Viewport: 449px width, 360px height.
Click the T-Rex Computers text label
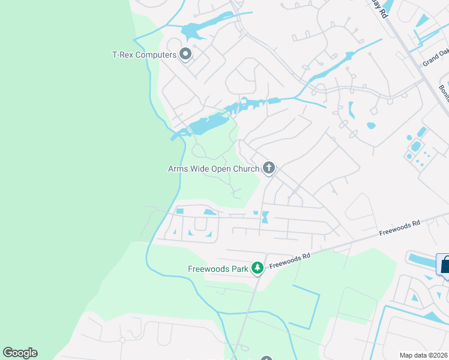[x=145, y=55]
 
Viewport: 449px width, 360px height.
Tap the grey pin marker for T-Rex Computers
[x=185, y=55]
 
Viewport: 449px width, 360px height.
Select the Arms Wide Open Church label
[x=213, y=169]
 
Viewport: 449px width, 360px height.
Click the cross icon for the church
[x=269, y=169]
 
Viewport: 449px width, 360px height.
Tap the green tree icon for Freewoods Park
[x=258, y=268]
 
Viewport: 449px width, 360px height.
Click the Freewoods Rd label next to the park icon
[x=289, y=260]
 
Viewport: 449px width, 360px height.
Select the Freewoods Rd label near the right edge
[x=400, y=227]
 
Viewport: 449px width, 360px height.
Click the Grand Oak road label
[x=435, y=59]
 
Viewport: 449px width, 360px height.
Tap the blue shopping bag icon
[x=445, y=265]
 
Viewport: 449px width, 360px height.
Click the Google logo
[x=20, y=353]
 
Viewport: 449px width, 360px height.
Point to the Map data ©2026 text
[x=423, y=355]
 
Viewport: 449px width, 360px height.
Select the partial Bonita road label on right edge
[x=444, y=94]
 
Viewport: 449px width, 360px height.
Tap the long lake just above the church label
[x=207, y=125]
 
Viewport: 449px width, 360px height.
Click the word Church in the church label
[x=247, y=169]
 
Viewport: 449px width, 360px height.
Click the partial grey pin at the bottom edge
[x=262, y=358]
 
